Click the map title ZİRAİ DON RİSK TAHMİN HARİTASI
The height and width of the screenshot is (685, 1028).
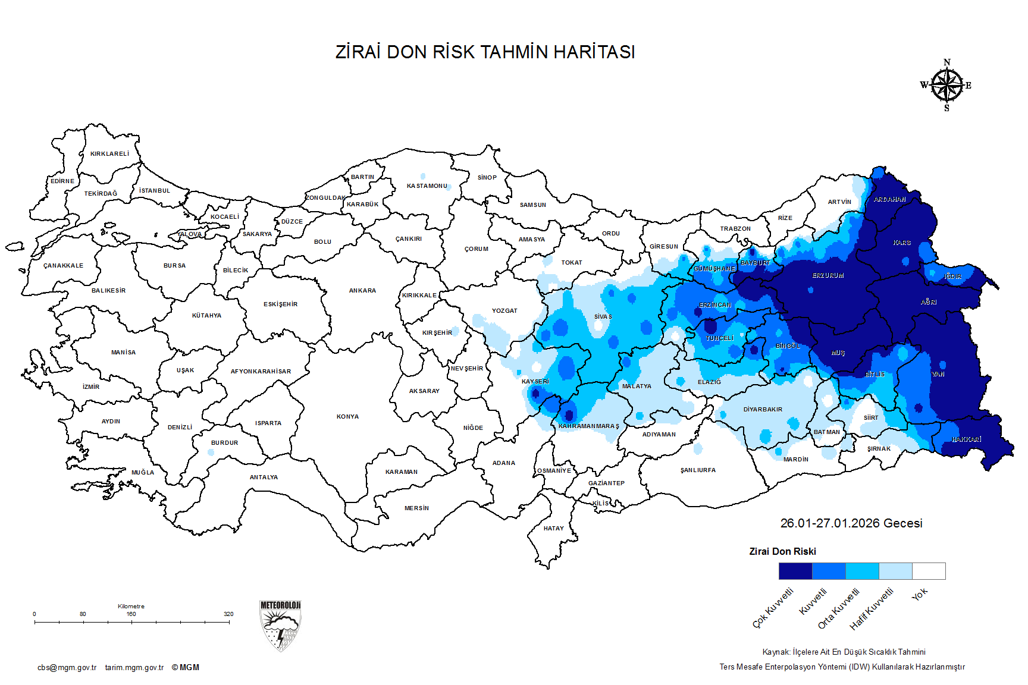tap(485, 52)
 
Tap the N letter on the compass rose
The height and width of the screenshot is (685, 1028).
tap(947, 62)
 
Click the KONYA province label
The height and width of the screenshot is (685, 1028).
tap(347, 417)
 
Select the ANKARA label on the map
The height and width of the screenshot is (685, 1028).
tap(362, 291)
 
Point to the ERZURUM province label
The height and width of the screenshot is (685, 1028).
tap(828, 276)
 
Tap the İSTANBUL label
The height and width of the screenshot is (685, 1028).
tap(155, 191)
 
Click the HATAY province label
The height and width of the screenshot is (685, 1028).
tap(553, 529)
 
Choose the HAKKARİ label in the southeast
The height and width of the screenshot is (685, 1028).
tap(966, 439)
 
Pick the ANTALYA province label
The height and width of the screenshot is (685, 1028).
tap(264, 477)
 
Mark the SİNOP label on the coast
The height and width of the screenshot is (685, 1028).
tap(487, 178)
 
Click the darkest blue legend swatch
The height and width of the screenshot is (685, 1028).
tap(795, 571)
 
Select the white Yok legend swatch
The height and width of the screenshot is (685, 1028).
tap(929, 571)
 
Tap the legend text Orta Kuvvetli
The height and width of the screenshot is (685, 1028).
tap(839, 608)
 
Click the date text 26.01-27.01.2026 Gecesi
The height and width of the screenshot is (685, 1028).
tap(851, 523)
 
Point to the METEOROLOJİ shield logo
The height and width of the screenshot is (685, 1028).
tap(280, 626)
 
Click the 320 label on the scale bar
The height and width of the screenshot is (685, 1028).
tap(228, 614)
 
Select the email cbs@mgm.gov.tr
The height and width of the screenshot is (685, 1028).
tap(67, 668)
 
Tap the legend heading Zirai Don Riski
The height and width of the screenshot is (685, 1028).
tap(782, 552)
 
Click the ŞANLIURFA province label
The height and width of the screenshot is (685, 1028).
tap(698, 470)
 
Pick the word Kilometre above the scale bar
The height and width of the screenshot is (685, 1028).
tap(131, 607)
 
